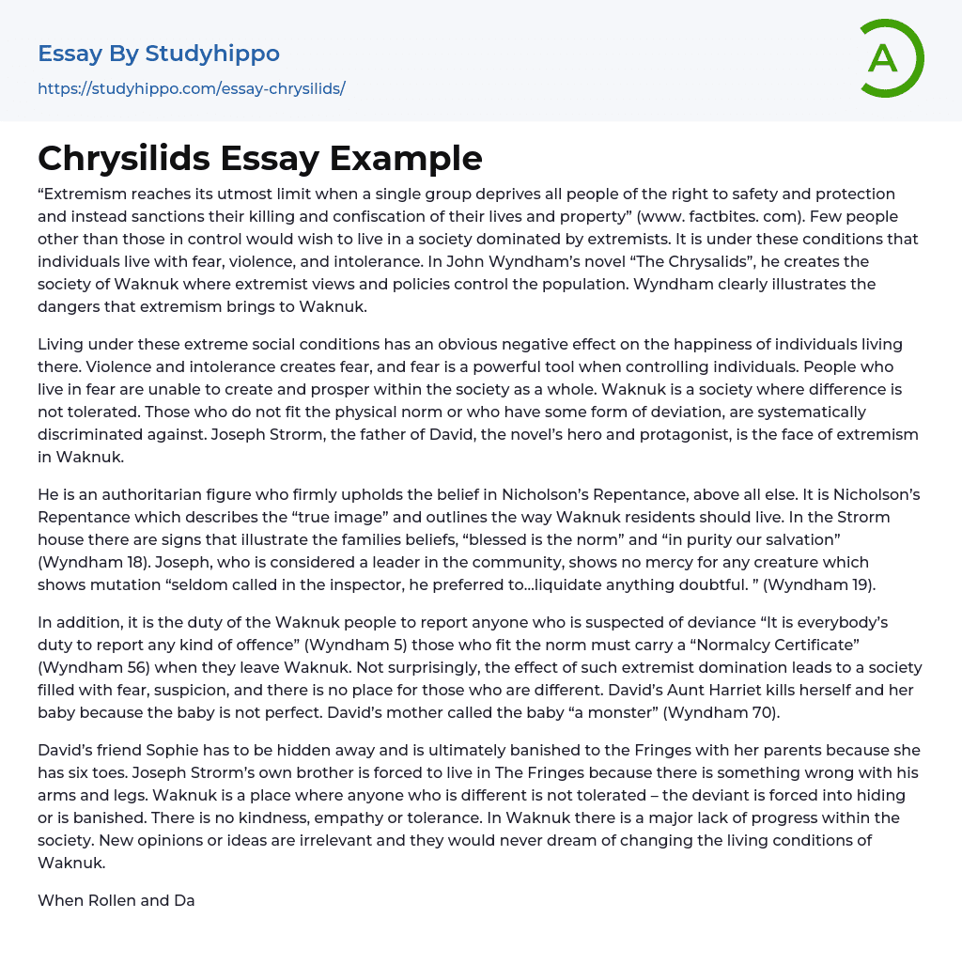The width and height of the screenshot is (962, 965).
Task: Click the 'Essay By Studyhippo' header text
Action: tap(159, 54)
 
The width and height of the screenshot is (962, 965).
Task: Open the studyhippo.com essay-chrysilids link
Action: tap(192, 88)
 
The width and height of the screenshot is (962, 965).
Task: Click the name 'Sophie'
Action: tap(169, 750)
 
